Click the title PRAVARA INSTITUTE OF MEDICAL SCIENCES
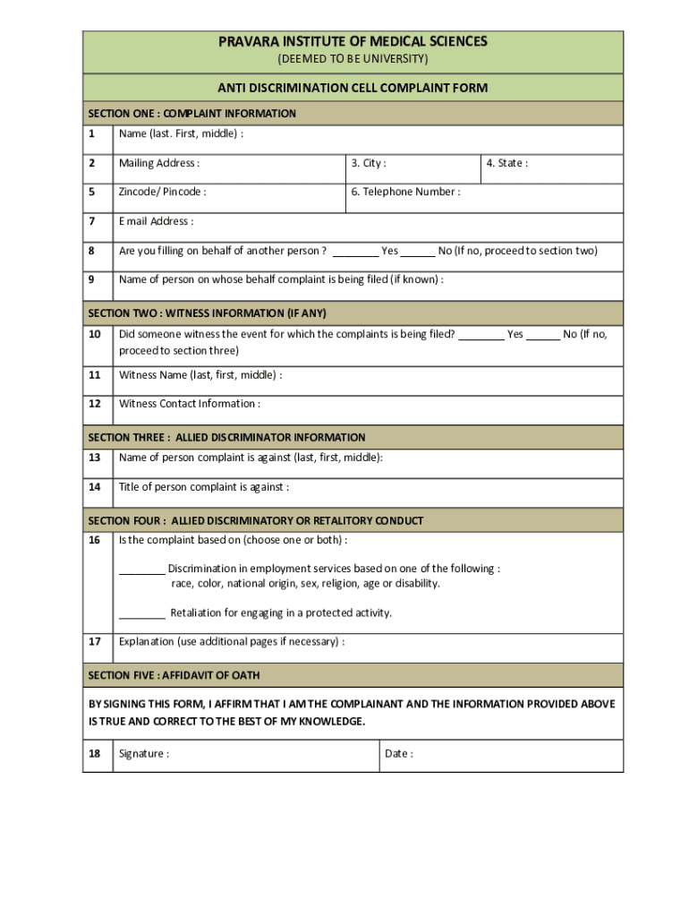[x=353, y=42]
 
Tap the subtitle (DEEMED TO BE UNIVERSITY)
[x=353, y=59]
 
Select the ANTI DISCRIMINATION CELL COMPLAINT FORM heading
[x=353, y=88]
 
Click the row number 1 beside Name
[x=91, y=134]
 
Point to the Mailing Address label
[x=159, y=163]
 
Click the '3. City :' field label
[x=369, y=163]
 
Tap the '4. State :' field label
[x=506, y=163]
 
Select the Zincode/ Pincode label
[x=162, y=192]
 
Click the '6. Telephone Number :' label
[x=405, y=192]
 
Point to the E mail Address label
[x=156, y=221]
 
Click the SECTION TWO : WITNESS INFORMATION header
[x=207, y=313]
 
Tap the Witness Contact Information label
[x=190, y=404]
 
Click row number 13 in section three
[x=94, y=458]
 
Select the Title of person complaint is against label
[x=204, y=487]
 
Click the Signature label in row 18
[x=144, y=754]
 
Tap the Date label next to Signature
[x=399, y=754]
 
